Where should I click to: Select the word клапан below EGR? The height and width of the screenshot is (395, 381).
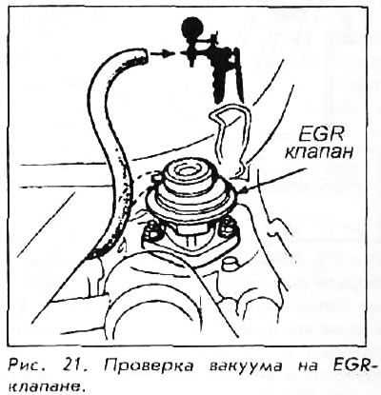pyautogui.click(x=319, y=152)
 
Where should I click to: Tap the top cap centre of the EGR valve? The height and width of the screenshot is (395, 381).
pyautogui.click(x=188, y=170)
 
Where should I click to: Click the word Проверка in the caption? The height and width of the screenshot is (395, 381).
pyautogui.click(x=149, y=366)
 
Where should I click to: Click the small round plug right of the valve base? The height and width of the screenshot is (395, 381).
pyautogui.click(x=231, y=264)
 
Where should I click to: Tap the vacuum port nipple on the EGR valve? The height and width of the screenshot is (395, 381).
pyautogui.click(x=156, y=179)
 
